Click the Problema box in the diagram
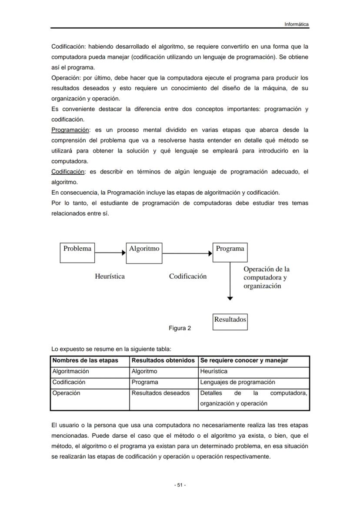77,253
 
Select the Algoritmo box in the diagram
144,253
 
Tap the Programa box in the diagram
230,253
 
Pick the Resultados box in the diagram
230,322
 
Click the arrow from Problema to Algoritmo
110,253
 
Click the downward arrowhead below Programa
230,298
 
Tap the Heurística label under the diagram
110,276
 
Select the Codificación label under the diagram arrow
188,276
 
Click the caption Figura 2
180,328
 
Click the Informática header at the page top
297,24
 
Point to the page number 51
180,485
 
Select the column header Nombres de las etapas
85,361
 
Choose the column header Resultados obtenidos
163,361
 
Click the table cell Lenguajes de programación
237,383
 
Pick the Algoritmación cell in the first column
70,372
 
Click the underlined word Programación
70,130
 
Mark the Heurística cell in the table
213,372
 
